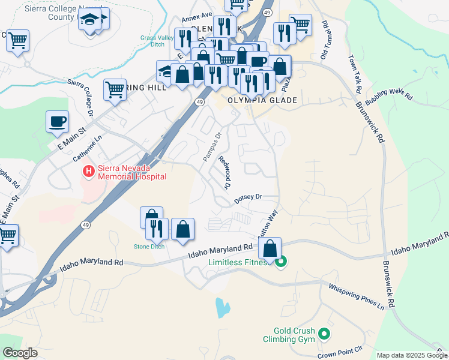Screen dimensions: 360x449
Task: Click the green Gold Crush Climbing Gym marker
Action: pos(324,333)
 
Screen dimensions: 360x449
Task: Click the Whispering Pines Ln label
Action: pos(356,296)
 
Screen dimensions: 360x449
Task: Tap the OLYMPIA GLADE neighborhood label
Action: pos(262,100)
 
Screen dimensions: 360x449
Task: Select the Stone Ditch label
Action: pos(149,247)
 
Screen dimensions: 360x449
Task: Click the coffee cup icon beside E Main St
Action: pos(58,122)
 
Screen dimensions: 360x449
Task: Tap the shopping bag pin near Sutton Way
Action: pos(271,248)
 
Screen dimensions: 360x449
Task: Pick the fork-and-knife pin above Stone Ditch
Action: pos(155,228)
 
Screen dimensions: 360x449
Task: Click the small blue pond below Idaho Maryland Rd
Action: pos(223,308)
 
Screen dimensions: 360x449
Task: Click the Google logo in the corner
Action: pos(20,353)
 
